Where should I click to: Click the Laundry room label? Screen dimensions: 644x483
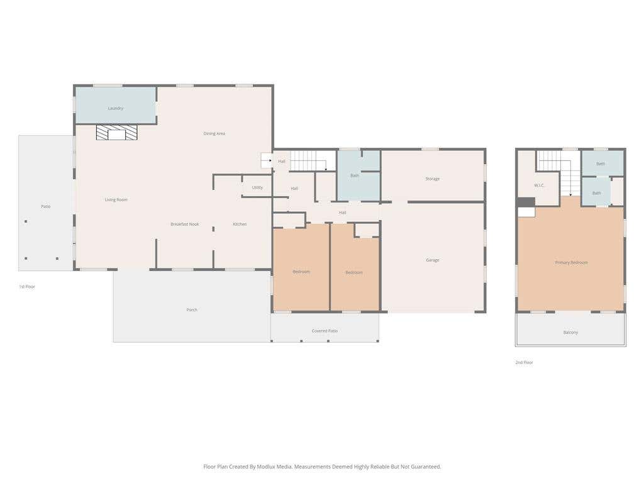point(116,108)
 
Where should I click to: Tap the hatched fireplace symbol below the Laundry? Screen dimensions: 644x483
point(116,132)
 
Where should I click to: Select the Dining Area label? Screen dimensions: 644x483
point(214,133)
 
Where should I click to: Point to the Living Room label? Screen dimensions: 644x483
point(116,199)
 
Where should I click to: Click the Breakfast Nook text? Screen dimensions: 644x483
point(185,225)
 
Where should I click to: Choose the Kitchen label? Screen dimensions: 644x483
point(240,225)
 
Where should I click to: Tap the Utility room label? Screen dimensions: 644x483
point(257,187)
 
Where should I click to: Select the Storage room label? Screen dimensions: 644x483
point(433,179)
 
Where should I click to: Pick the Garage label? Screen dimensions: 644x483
point(433,260)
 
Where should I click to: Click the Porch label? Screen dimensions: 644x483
point(192,309)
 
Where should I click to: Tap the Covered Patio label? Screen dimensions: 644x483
point(325,331)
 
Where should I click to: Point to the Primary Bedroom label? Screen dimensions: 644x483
point(571,262)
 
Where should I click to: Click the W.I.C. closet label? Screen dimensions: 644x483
point(539,186)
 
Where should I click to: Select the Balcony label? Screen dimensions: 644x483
point(570,332)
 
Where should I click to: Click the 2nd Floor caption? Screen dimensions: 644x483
point(524,362)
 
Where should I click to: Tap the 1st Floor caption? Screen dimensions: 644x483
point(27,287)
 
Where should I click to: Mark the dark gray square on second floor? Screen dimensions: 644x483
point(526,203)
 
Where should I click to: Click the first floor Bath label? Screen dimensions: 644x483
point(355,176)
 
